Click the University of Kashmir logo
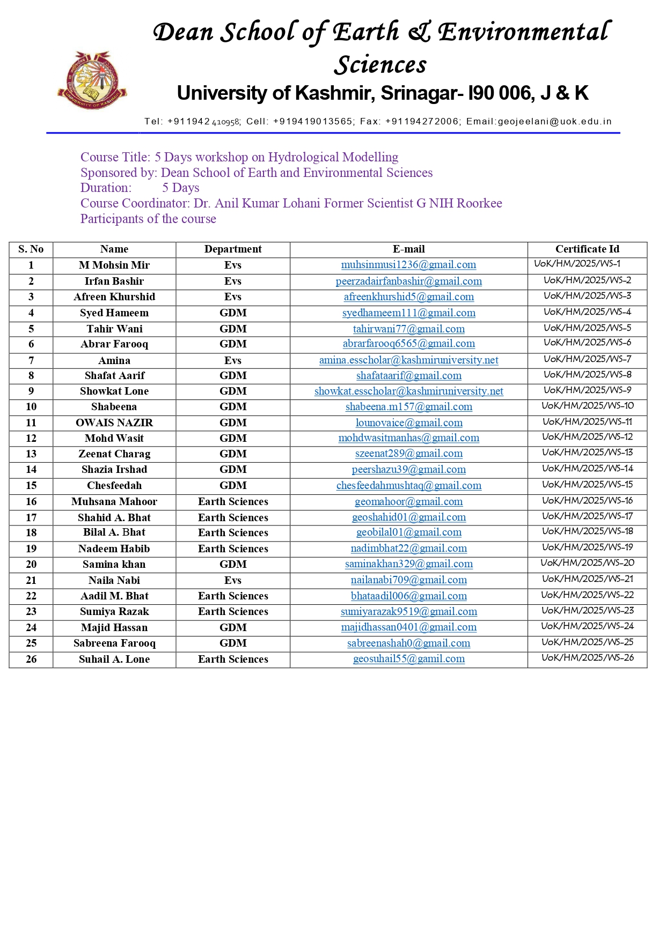pyautogui.click(x=92, y=80)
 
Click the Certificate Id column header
pyautogui.click(x=587, y=249)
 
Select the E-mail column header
pyautogui.click(x=408, y=249)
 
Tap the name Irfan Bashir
pyautogui.click(x=114, y=281)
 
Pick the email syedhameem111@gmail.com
pyautogui.click(x=409, y=313)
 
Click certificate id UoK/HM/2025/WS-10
pyautogui.click(x=588, y=406)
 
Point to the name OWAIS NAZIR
pyautogui.click(x=114, y=423)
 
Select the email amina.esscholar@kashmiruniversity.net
pyautogui.click(x=409, y=360)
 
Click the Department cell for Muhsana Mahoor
pyautogui.click(x=233, y=502)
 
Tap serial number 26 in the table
pyautogui.click(x=31, y=660)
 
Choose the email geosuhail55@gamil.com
pyautogui.click(x=409, y=659)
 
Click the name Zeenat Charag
pyautogui.click(x=114, y=454)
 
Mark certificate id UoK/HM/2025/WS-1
pyautogui.click(x=577, y=264)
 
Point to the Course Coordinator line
pyautogui.click(x=291, y=203)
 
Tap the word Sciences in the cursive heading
pyautogui.click(x=380, y=65)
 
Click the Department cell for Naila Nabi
pyautogui.click(x=233, y=581)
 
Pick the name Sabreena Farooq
pyautogui.click(x=114, y=643)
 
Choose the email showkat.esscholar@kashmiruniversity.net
pyautogui.click(x=409, y=391)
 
